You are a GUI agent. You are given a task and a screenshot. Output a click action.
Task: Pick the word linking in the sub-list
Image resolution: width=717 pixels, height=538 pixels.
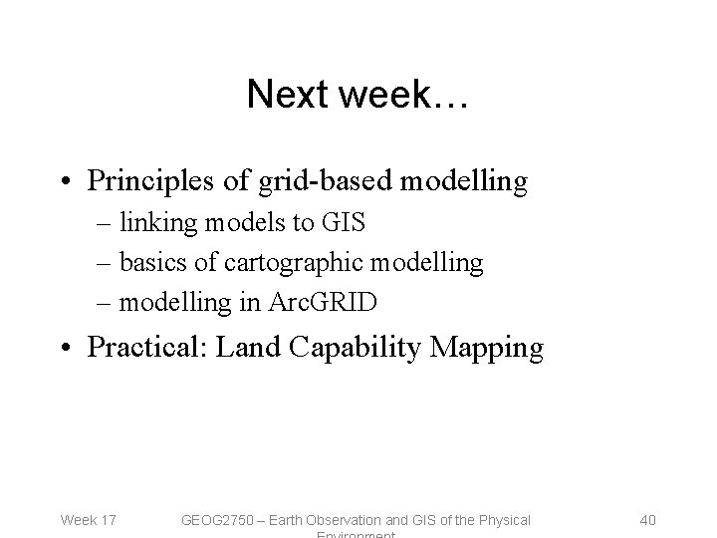tap(162, 223)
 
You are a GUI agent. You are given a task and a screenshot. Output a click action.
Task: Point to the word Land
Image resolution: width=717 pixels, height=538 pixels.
tap(244, 348)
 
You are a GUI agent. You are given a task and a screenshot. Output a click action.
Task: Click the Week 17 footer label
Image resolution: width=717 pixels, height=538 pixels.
tap(89, 519)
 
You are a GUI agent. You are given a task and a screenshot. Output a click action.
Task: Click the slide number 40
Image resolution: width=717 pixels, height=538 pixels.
tap(646, 519)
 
